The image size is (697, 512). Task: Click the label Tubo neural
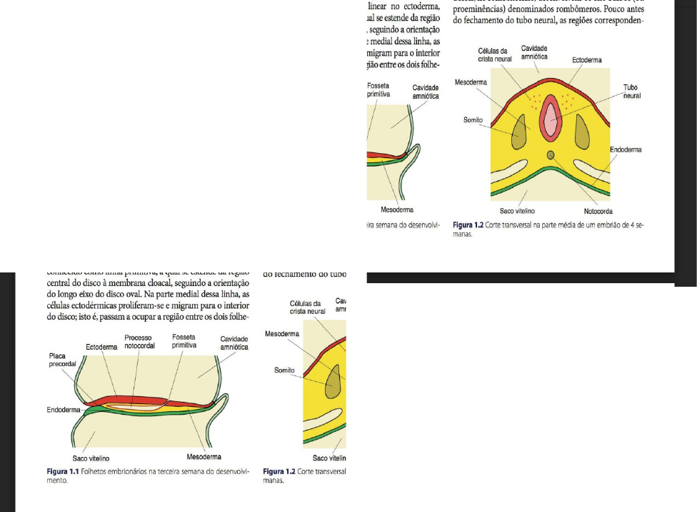(x=630, y=91)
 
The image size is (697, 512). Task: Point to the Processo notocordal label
(x=138, y=342)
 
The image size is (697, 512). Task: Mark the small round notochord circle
(x=550, y=155)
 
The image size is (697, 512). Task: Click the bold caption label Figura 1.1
(x=63, y=472)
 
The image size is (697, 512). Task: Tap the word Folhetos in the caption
(x=95, y=472)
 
